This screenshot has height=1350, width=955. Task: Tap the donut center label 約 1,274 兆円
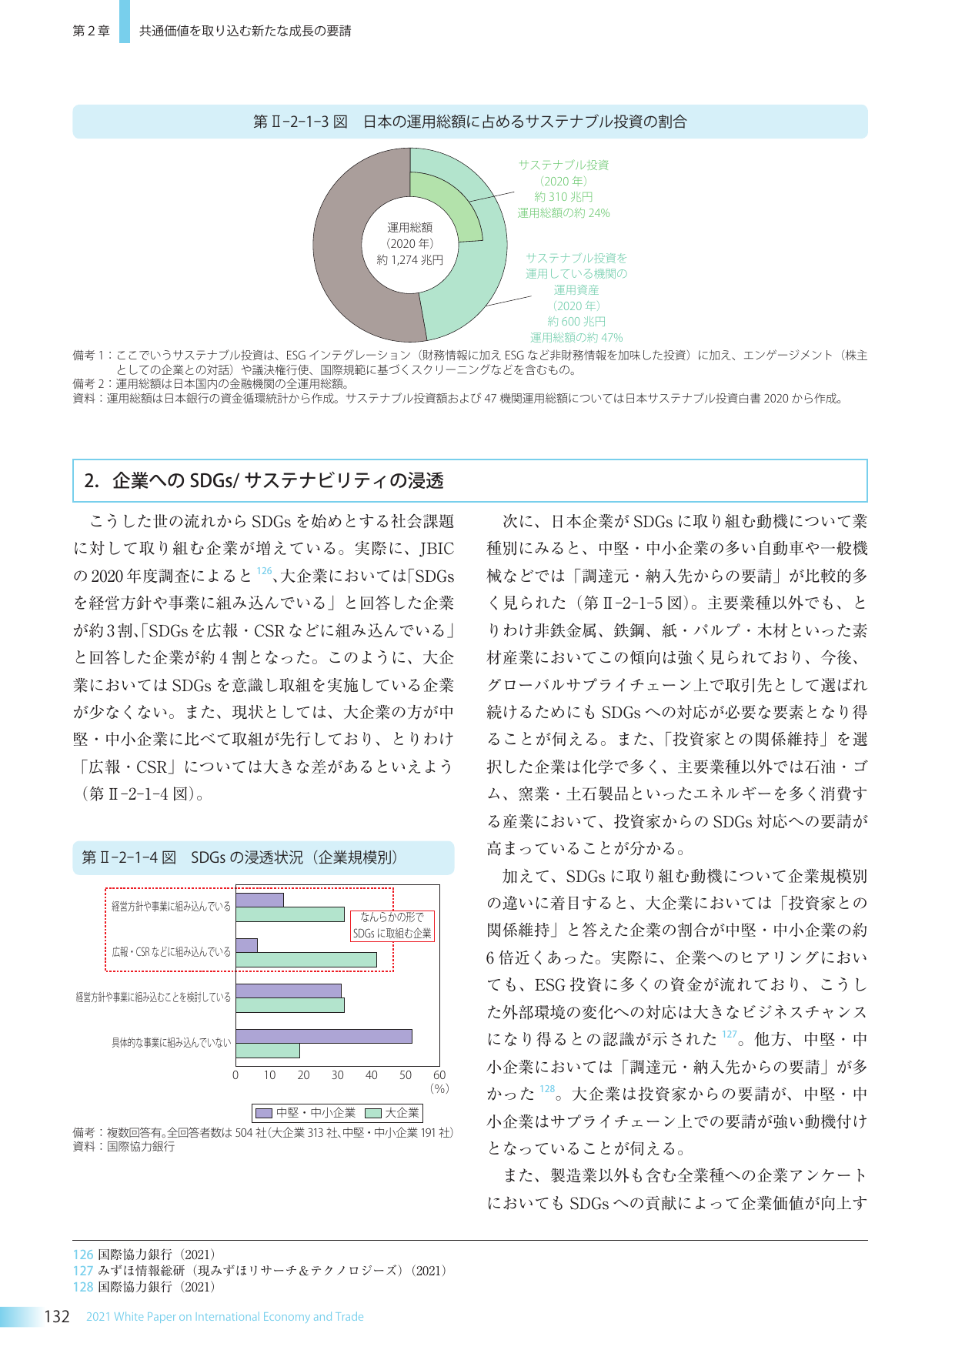[x=409, y=260]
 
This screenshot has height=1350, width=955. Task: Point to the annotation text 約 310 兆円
[x=563, y=197]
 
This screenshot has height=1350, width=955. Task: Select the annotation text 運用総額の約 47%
[x=576, y=337]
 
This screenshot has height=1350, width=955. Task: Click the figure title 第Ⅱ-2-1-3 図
[x=300, y=122]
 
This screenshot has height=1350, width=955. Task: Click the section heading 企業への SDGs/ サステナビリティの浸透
[x=278, y=481]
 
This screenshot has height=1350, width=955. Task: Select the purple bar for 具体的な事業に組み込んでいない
[x=323, y=1036]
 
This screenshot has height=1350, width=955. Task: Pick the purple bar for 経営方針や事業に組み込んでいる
[x=259, y=900]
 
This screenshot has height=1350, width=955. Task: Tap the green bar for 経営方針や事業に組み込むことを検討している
[x=289, y=1005]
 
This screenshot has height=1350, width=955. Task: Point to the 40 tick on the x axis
[x=372, y=1075]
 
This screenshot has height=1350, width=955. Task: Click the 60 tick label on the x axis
[x=439, y=1075]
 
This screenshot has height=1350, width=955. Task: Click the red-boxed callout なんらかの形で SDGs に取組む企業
[x=392, y=926]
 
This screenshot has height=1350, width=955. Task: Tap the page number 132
[x=57, y=1317]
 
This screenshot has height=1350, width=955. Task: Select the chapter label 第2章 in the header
[x=91, y=31]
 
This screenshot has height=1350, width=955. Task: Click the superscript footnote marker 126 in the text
[x=264, y=571]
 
